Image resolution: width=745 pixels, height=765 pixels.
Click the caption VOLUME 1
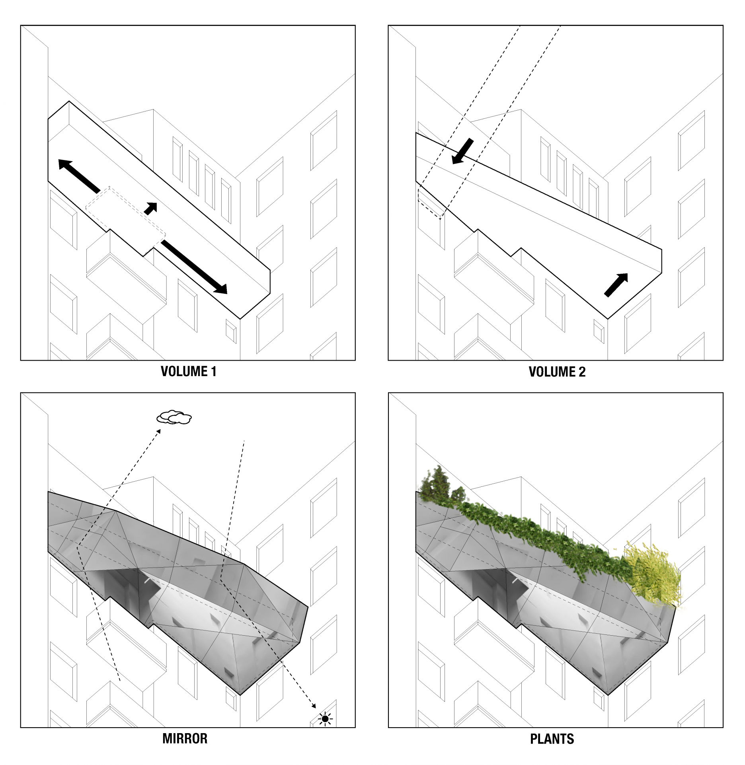coord(188,371)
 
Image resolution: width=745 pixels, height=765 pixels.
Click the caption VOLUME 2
coord(557,372)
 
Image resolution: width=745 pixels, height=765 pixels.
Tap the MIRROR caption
coord(185,739)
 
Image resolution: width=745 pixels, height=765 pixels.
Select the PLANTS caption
coord(552,739)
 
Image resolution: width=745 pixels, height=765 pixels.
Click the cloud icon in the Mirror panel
coord(174,417)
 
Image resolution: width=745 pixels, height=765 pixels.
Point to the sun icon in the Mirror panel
coord(326,719)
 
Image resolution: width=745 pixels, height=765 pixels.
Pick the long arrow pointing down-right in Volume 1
coord(194,266)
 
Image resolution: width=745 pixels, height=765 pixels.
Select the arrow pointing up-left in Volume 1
coord(79,176)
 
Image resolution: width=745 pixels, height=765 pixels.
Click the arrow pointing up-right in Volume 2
coord(616,285)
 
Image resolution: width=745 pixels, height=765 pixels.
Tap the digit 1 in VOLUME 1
coord(213,371)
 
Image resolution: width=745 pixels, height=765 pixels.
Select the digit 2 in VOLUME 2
coord(582,372)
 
